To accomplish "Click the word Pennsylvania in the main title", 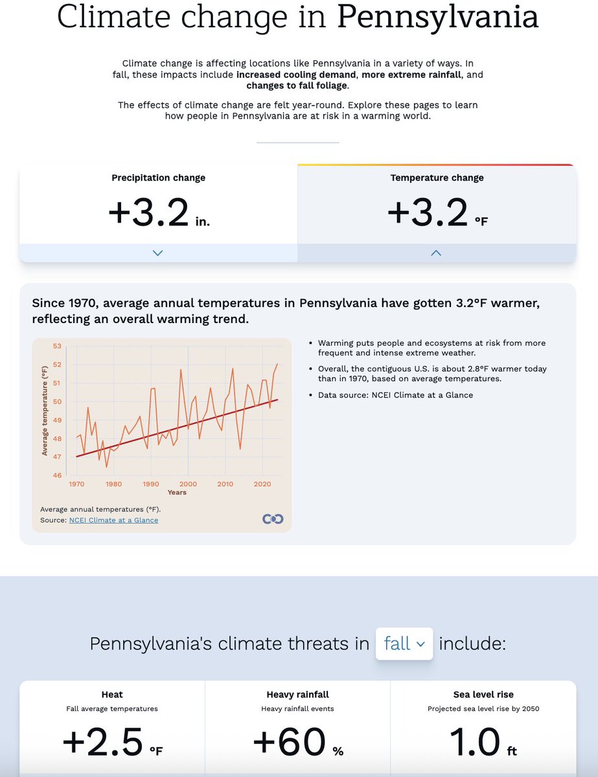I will [x=437, y=17].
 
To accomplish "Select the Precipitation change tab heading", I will [x=158, y=177].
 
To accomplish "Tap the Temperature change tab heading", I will [x=437, y=177].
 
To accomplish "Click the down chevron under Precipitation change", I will [x=157, y=253].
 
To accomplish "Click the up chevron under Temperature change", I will [x=436, y=253].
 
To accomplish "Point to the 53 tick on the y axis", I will [x=56, y=346].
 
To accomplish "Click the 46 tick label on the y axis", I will [x=56, y=475].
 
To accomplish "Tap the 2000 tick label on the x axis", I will [x=188, y=484].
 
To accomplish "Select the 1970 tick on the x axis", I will [x=76, y=484].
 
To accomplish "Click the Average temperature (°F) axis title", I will [x=45, y=410].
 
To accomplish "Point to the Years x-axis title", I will [x=177, y=493].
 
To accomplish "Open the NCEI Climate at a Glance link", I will [x=113, y=520].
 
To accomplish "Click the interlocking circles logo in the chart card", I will [x=273, y=519].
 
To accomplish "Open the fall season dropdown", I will [x=404, y=644].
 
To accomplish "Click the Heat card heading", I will [x=112, y=695].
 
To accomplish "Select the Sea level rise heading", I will [x=483, y=695].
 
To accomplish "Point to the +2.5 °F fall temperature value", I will [x=112, y=743].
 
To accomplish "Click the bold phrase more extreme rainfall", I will [x=411, y=75].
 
